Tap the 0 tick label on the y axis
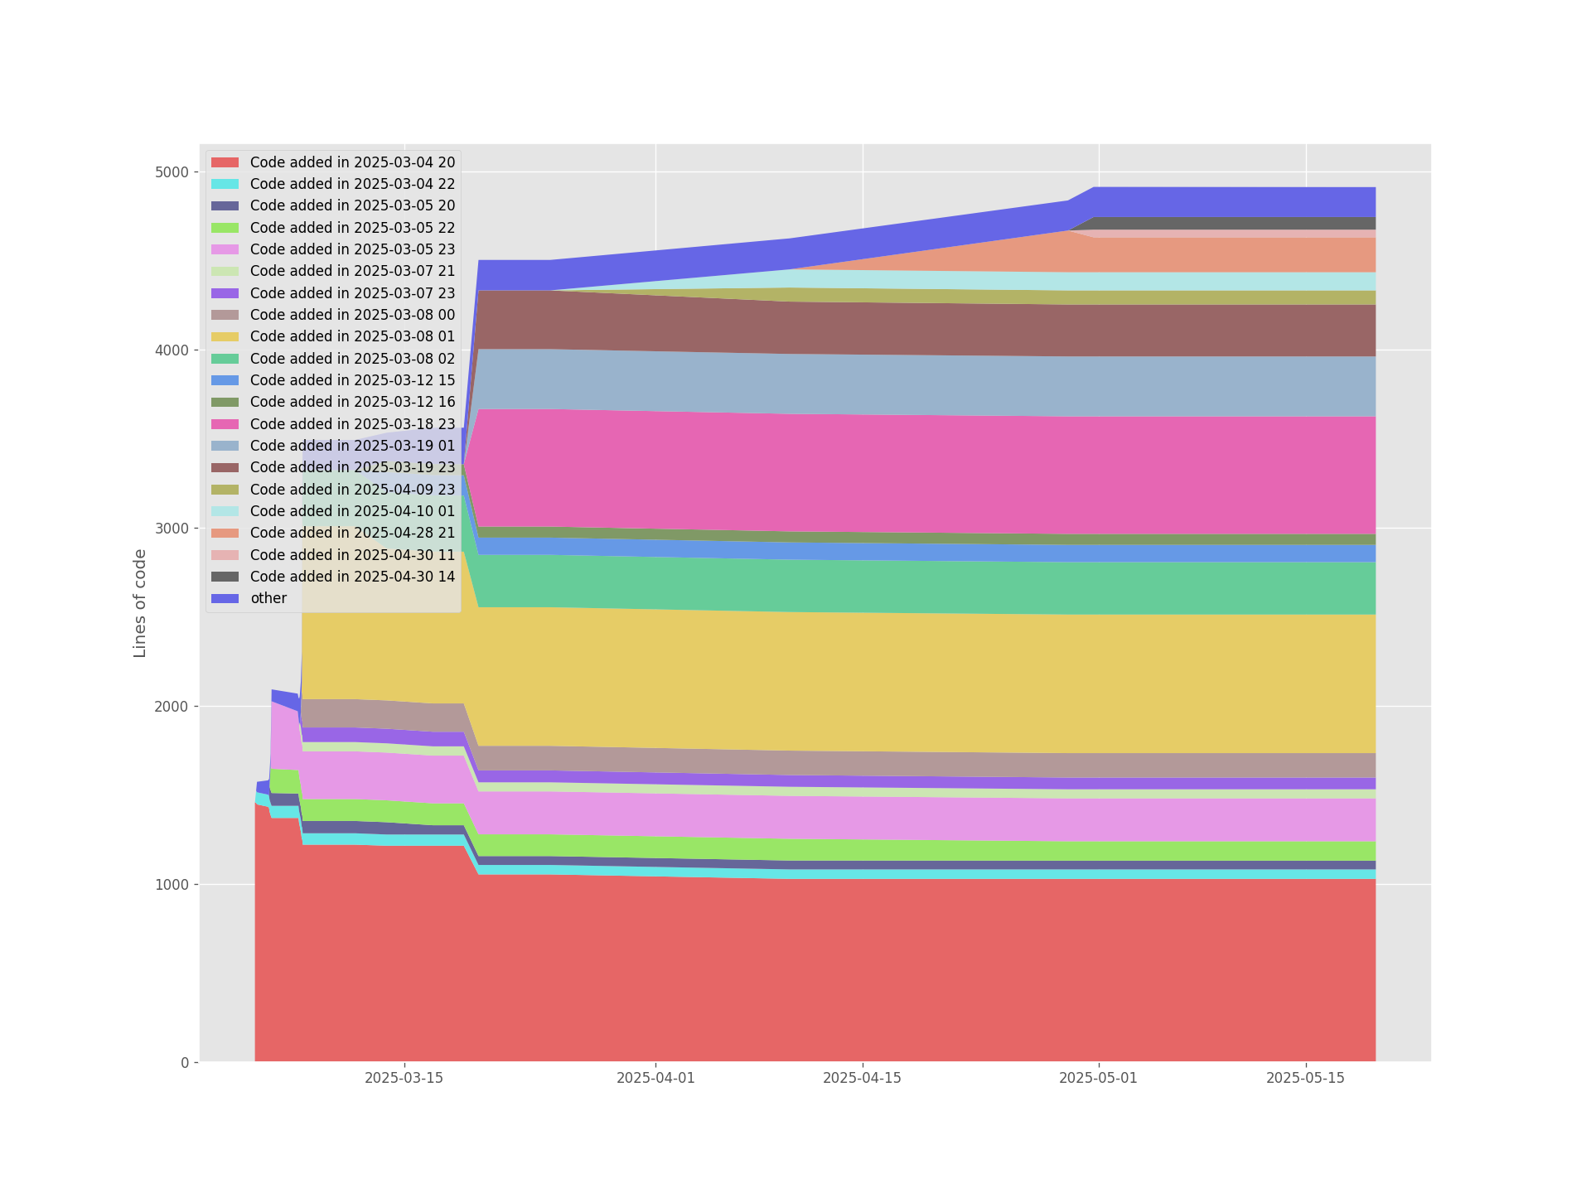[x=185, y=1063]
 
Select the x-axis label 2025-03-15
[x=404, y=1078]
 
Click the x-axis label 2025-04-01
[x=655, y=1078]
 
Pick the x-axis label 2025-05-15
[x=1306, y=1078]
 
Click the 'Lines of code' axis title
[x=140, y=603]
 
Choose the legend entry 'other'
[x=268, y=598]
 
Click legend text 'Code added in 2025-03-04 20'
[x=352, y=162]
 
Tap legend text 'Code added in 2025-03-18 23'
[x=352, y=424]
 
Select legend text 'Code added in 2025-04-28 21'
[x=352, y=533]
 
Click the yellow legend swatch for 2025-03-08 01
[x=225, y=336]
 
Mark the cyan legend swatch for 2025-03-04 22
[x=225, y=184]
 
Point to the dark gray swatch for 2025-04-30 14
[x=225, y=577]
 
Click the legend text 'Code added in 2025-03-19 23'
[x=352, y=467]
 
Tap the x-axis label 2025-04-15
[x=862, y=1078]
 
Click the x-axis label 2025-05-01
[x=1099, y=1078]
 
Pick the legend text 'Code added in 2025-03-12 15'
[x=352, y=380]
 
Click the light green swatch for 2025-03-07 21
[x=225, y=271]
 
